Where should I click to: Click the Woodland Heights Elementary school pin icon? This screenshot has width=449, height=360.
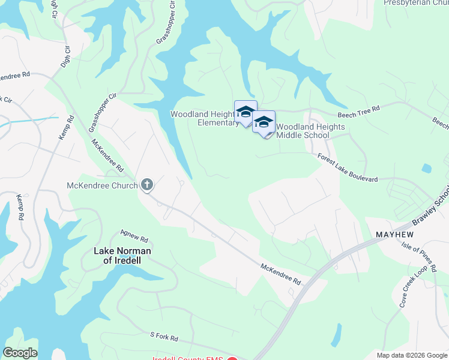tap(246, 112)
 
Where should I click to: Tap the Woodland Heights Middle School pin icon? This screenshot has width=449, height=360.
tap(264, 122)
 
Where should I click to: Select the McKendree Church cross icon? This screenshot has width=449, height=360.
tap(147, 185)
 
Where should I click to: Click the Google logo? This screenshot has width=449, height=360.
tap(20, 353)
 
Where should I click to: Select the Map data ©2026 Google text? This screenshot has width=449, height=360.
tap(411, 355)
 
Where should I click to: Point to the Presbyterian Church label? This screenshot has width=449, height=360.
tap(415, 2)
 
